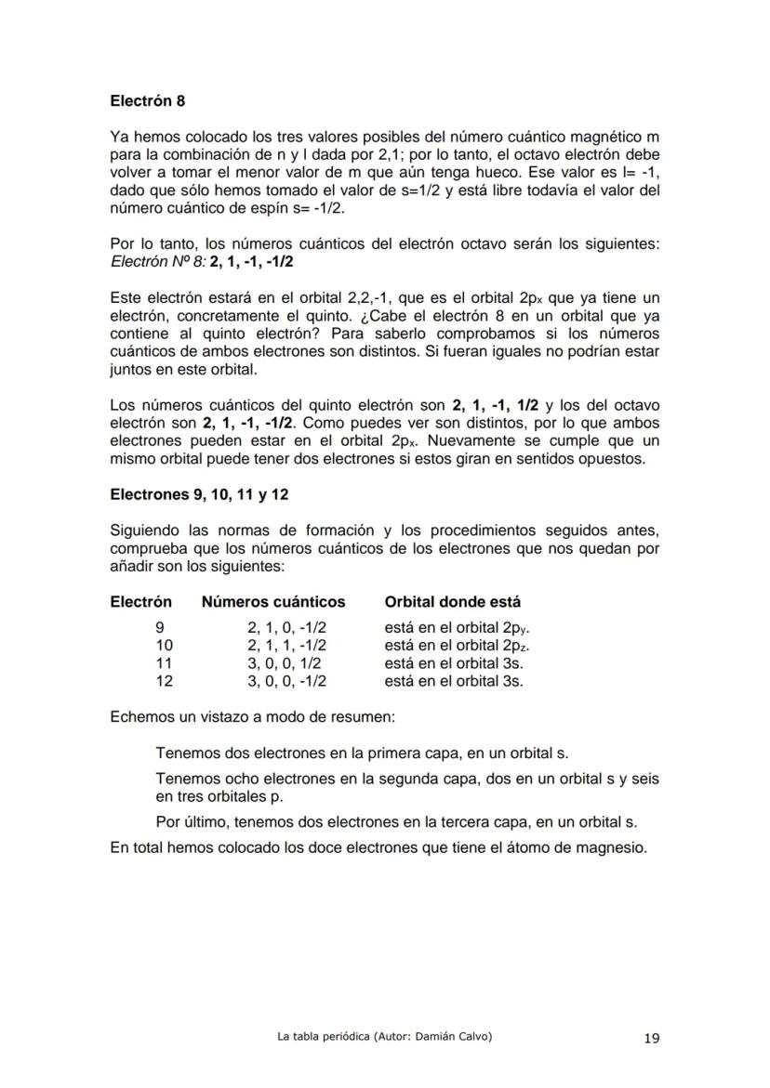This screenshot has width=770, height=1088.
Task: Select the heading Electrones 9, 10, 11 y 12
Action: pos(199,494)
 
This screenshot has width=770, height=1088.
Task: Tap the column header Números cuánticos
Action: pos(273,601)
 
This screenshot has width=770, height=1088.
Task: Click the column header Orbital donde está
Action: pos(453,601)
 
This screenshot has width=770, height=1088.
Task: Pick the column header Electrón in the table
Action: pos(140,601)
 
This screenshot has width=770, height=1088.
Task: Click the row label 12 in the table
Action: pos(164,681)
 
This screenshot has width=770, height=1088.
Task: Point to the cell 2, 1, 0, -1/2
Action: pos(286,628)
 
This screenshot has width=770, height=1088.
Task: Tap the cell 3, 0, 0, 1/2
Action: pos(285,663)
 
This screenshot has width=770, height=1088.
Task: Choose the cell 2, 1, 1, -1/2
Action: pos(286,646)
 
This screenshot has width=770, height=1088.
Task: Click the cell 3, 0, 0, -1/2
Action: pos(286,681)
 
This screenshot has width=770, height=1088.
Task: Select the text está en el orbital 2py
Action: pos(457,628)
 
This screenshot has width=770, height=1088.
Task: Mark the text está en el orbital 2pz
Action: pos(457,646)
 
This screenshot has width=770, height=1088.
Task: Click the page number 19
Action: pos(651,1039)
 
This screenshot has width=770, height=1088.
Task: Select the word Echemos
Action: pos(140,718)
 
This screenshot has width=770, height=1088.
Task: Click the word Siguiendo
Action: pos(144,531)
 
